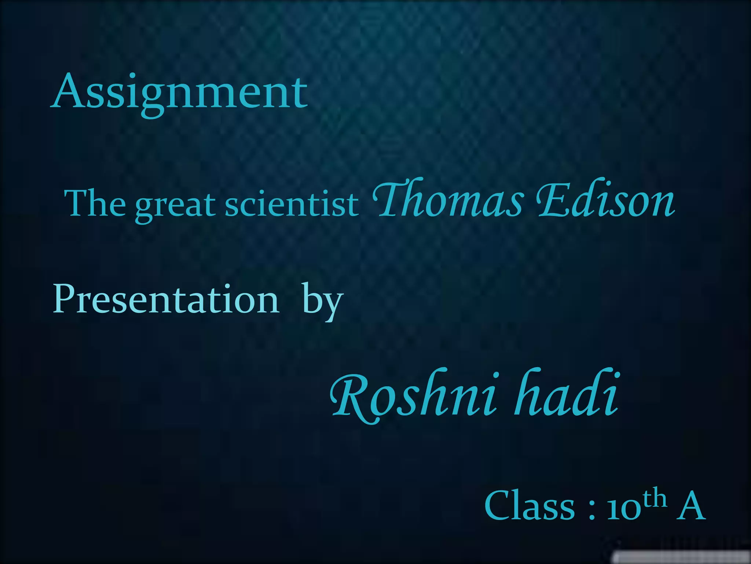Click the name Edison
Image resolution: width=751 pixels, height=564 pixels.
click(605, 200)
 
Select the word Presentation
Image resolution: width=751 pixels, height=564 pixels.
click(166, 299)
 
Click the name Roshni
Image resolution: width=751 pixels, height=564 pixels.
click(414, 397)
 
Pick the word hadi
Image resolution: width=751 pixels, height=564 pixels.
click(567, 395)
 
